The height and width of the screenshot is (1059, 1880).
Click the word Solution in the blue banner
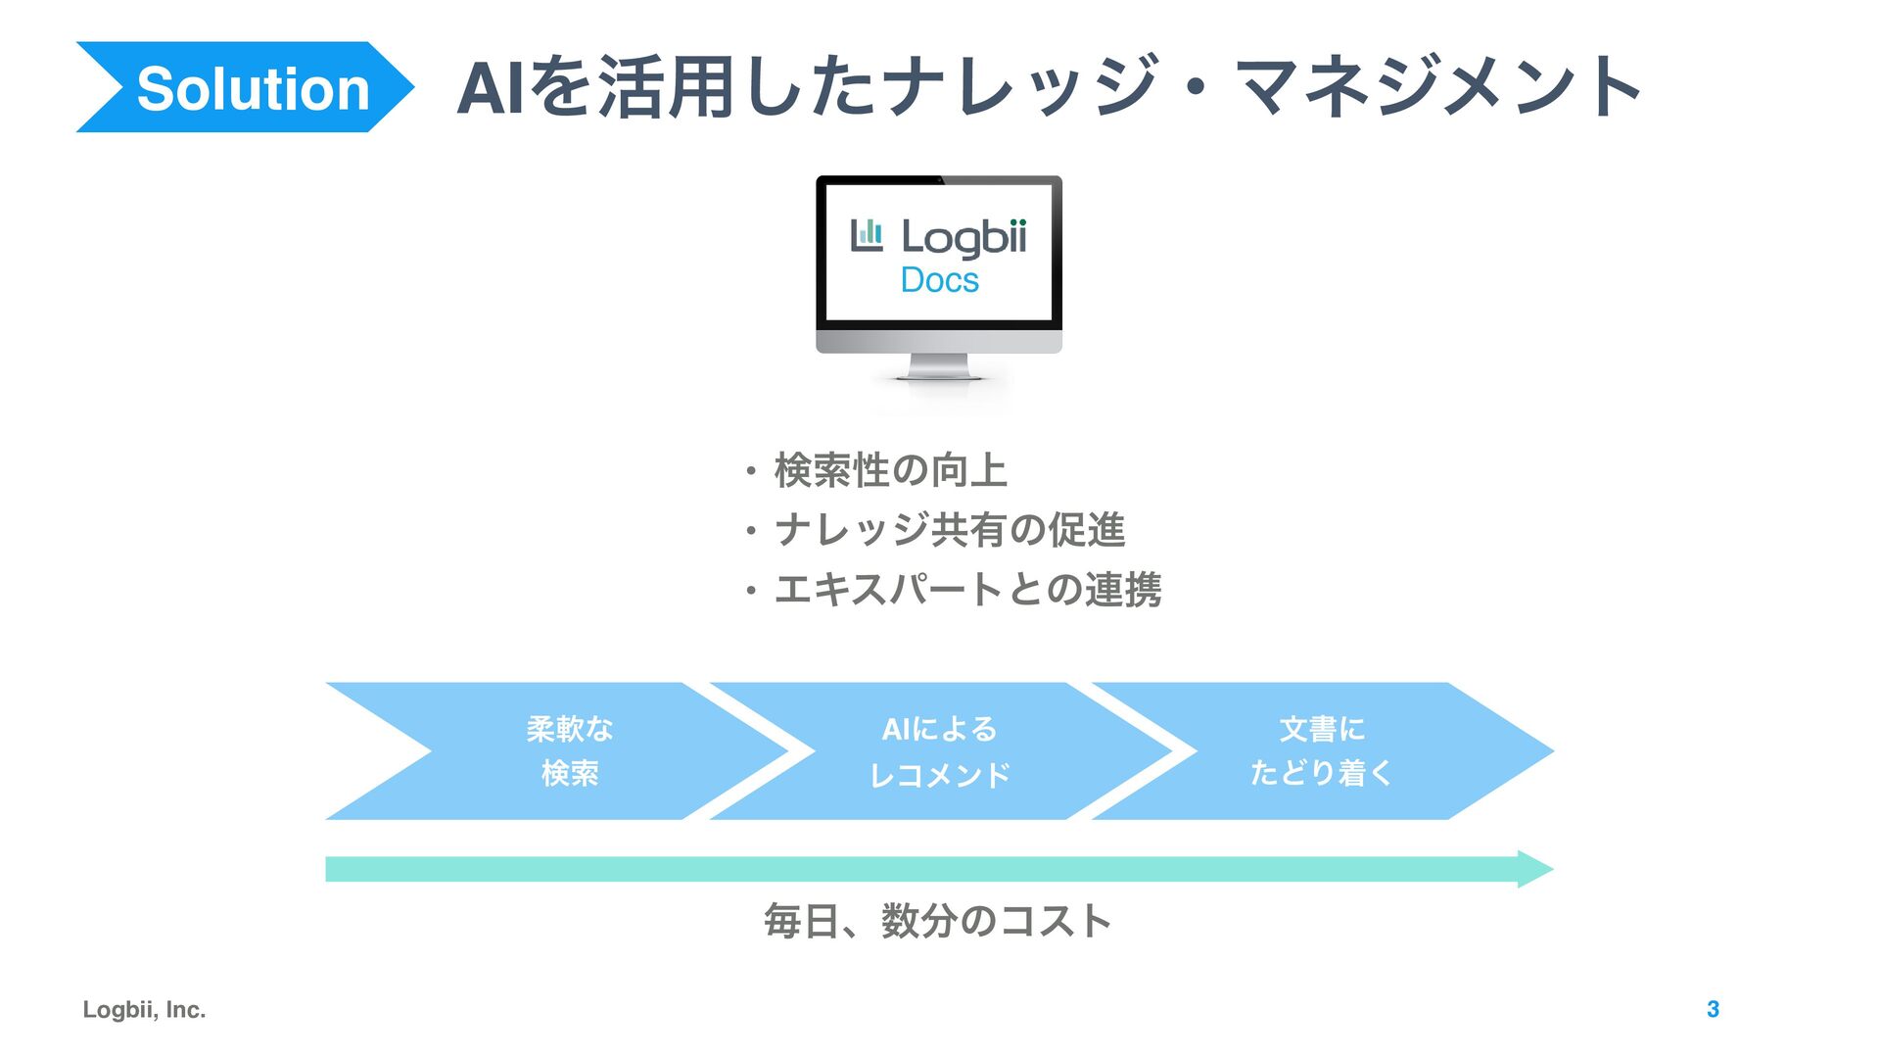point(253,89)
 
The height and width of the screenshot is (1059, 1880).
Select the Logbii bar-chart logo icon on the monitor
point(867,235)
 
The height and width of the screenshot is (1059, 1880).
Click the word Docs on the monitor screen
point(939,280)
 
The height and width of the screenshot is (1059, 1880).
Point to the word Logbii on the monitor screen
point(963,237)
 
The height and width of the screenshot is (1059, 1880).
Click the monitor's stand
point(939,367)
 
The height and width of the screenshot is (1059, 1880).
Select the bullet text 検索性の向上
point(890,470)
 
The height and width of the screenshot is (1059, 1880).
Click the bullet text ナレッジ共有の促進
point(949,530)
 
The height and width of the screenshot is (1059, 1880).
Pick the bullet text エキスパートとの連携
point(967,590)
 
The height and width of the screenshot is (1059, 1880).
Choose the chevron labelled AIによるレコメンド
point(939,751)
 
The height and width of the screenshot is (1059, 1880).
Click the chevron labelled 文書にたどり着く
point(1321,751)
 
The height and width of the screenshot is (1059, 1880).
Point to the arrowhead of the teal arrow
point(1534,869)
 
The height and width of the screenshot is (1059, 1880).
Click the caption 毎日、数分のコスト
point(937,921)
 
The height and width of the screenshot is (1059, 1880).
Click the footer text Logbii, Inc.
point(144,1010)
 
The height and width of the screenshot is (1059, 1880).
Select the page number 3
point(1713,1010)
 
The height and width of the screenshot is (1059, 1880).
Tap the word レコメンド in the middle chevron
point(939,775)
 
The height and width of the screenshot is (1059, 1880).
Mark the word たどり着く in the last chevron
point(1321,773)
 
